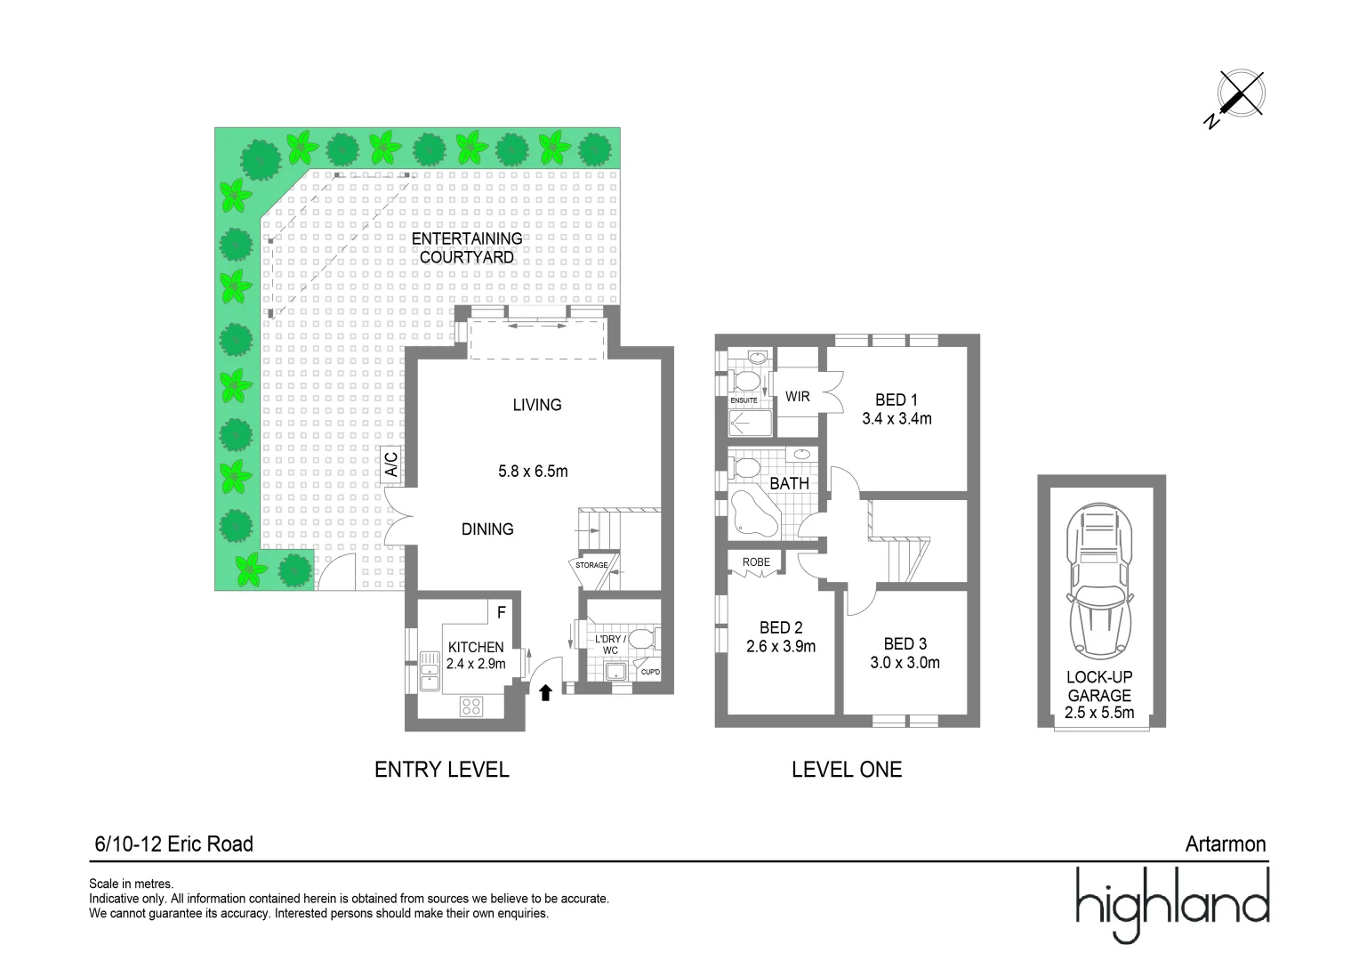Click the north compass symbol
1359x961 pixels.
[1240, 94]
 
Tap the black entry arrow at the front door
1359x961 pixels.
[545, 692]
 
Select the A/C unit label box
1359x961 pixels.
[390, 464]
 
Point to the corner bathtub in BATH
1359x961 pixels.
[752, 514]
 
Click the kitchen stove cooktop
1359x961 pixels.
[471, 707]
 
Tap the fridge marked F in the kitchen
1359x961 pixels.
[502, 612]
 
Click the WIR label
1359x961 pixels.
[797, 397]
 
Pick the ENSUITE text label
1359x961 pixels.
[744, 400]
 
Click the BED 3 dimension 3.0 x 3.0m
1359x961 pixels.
[905, 663]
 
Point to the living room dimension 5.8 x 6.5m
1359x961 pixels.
[533, 472]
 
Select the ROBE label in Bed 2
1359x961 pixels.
[756, 562]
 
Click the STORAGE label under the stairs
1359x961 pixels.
[591, 565]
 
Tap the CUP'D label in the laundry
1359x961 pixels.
[650, 672]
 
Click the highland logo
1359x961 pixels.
[1171, 902]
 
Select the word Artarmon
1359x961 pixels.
[1225, 844]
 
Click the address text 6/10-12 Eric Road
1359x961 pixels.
[173, 844]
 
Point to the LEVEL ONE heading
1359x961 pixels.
[846, 770]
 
